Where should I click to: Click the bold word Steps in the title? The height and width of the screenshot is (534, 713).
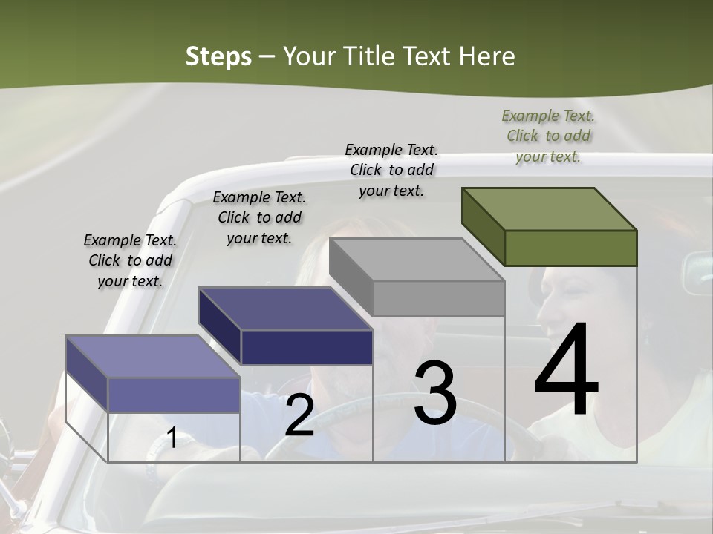pos(218,56)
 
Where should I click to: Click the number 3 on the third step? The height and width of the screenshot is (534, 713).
pos(434,394)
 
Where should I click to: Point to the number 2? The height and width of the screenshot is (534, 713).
pos(299,415)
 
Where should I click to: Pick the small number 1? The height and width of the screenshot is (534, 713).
pos(172,438)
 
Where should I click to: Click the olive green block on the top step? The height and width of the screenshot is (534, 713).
pos(550,226)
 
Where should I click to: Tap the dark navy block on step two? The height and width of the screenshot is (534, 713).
pos(285,326)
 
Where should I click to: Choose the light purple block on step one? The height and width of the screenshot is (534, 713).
pos(153,375)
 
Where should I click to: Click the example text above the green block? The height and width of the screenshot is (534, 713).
pos(548,136)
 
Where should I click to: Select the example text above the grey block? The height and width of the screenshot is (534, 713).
pos(391,170)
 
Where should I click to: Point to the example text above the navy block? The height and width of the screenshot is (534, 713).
pos(259,217)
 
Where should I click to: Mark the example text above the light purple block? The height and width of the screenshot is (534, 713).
pos(130,260)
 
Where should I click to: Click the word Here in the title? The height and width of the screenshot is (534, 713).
pos(486,56)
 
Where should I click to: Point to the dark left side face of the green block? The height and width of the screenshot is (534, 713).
pos(483,226)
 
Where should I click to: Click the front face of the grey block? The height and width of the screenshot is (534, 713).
pos(438,299)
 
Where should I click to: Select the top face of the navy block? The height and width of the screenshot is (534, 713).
pos(285,308)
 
